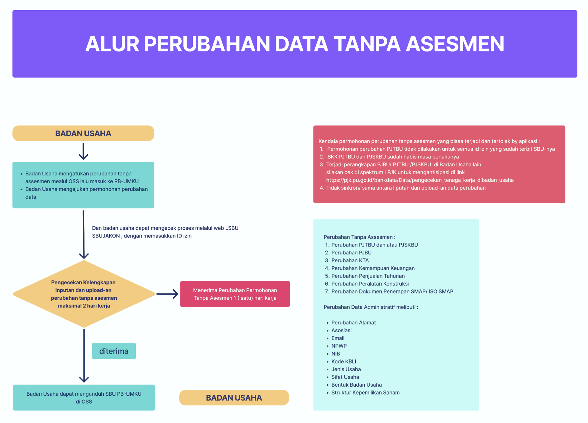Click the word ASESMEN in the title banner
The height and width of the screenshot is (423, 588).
click(x=455, y=44)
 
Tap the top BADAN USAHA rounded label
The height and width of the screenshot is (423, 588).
click(x=83, y=133)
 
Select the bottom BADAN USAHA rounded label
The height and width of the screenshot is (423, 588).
click(x=234, y=398)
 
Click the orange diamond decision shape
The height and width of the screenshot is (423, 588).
click(x=84, y=294)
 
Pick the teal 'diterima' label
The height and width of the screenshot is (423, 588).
click(x=114, y=351)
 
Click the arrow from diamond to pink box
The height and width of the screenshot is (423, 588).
click(x=167, y=294)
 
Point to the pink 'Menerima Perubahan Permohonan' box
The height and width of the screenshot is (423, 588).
click(x=235, y=294)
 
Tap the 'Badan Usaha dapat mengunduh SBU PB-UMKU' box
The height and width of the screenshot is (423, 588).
click(x=84, y=398)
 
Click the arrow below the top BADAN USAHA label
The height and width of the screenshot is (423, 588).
click(x=83, y=151)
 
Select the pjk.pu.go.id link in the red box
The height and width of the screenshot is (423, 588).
click(x=420, y=180)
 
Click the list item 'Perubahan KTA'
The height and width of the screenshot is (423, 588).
click(x=350, y=260)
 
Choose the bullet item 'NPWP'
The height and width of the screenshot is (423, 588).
click(x=339, y=346)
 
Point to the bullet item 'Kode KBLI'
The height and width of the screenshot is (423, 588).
click(x=344, y=362)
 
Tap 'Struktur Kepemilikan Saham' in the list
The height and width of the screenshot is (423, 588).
click(x=365, y=393)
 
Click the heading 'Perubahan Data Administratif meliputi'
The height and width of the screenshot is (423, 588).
click(x=371, y=307)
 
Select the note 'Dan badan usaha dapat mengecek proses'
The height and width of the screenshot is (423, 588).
click(x=165, y=232)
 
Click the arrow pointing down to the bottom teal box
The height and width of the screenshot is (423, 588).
click(x=84, y=356)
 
